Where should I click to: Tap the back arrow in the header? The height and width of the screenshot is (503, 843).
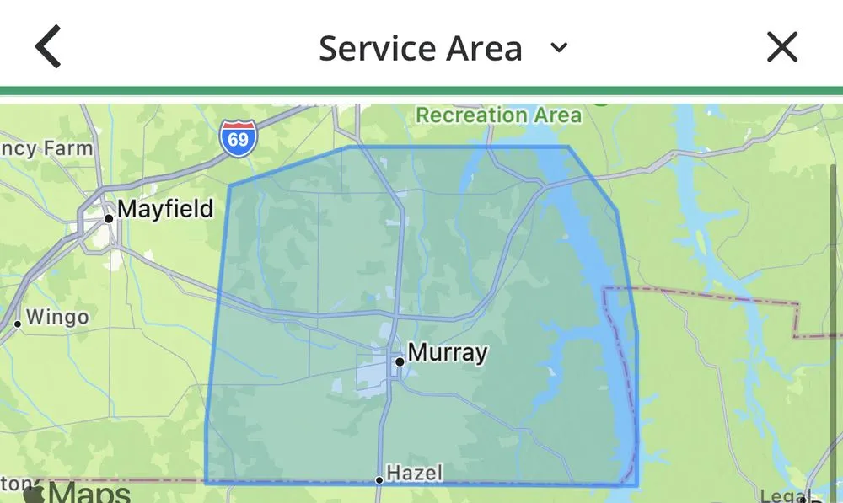pyautogui.click(x=48, y=47)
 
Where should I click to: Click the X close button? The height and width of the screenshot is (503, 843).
pyautogui.click(x=781, y=47)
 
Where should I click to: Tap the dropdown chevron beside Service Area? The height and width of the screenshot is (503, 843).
pyautogui.click(x=558, y=47)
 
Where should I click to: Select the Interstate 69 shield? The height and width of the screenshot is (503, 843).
pyautogui.click(x=238, y=137)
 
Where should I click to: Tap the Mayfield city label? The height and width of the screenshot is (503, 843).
pyautogui.click(x=165, y=208)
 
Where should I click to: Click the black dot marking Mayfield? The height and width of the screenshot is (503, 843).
pyautogui.click(x=108, y=219)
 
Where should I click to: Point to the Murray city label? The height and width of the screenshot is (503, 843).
pyautogui.click(x=447, y=351)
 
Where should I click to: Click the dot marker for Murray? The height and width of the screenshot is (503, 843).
pyautogui.click(x=400, y=361)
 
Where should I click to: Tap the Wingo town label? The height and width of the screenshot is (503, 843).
pyautogui.click(x=57, y=318)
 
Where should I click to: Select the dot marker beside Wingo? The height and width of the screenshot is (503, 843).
pyautogui.click(x=17, y=324)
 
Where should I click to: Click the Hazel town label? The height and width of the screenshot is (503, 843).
pyautogui.click(x=414, y=473)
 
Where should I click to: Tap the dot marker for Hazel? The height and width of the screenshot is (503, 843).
pyautogui.click(x=379, y=480)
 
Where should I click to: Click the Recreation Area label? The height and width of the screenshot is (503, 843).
pyautogui.click(x=499, y=115)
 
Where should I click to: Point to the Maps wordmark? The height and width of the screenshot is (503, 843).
pyautogui.click(x=89, y=493)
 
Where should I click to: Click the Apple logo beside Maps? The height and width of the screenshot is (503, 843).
pyautogui.click(x=34, y=492)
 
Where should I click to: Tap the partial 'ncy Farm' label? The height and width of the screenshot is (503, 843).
pyautogui.click(x=46, y=149)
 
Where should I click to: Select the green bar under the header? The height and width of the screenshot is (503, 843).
pyautogui.click(x=421, y=91)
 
